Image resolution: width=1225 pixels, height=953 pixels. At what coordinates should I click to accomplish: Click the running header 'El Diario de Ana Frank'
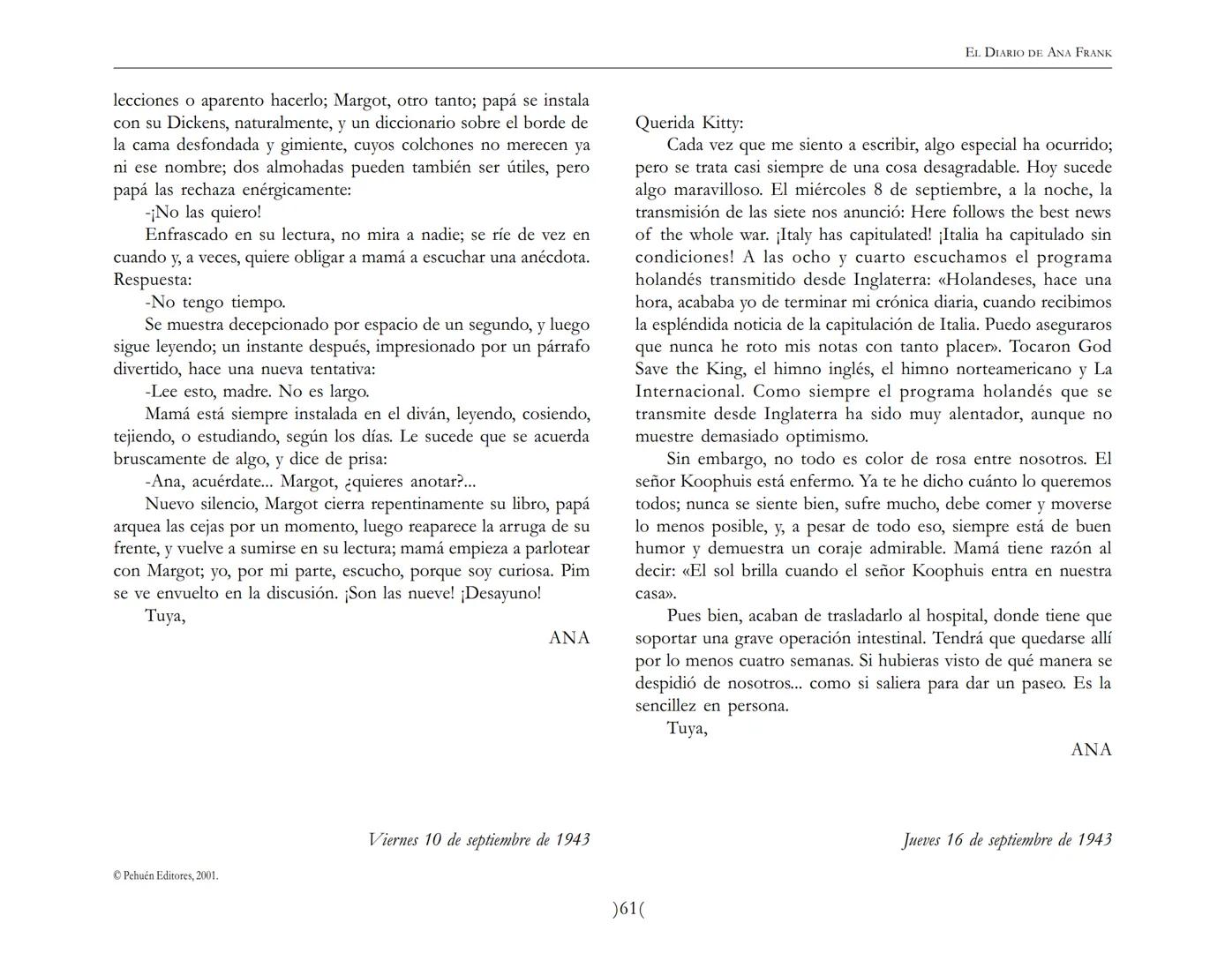coord(1038,53)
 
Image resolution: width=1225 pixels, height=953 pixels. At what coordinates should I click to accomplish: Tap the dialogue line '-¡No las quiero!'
coord(203,213)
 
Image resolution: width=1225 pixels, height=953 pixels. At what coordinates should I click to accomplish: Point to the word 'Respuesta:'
coord(153,280)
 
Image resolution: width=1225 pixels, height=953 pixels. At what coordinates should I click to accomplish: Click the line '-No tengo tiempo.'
coord(214,303)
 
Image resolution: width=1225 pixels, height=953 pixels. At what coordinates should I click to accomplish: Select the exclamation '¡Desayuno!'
coord(500,594)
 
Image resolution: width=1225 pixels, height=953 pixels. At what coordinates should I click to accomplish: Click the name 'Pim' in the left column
coord(575,571)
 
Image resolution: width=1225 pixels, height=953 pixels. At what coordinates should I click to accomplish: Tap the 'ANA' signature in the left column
coord(569,638)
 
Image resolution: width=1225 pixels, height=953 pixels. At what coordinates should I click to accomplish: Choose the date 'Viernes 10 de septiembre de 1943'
coord(478,839)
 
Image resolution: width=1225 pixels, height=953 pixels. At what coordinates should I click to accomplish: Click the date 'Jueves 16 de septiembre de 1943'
coord(1007,839)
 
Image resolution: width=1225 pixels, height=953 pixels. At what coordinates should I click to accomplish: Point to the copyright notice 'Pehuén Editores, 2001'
coord(166,876)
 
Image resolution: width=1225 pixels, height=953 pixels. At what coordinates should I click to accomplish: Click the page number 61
coord(628,908)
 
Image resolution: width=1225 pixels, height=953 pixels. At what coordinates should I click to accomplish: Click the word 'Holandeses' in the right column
coord(992,280)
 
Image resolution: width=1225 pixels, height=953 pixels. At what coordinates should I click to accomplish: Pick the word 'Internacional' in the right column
coord(688,392)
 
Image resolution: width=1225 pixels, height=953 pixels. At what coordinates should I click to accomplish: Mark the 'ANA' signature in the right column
coord(1091,750)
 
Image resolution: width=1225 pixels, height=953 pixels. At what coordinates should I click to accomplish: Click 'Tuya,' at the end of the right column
coord(687,728)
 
